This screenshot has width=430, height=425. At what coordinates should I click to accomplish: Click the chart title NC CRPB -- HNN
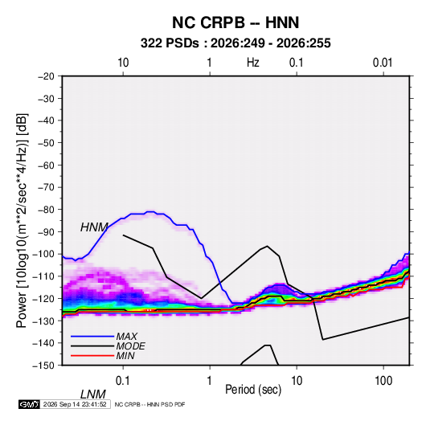(x=235, y=22)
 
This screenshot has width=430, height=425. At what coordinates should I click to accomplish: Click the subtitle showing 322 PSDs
(x=235, y=43)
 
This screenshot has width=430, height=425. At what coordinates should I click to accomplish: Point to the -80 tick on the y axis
(x=46, y=210)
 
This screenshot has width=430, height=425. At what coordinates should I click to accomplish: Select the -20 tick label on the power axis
(x=46, y=76)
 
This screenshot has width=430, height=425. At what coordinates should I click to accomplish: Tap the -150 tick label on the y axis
(x=43, y=366)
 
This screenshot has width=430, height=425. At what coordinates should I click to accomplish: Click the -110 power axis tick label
(x=43, y=276)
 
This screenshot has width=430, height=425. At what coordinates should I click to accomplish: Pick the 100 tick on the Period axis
(x=383, y=380)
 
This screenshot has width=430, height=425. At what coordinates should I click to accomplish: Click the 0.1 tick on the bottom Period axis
(x=122, y=380)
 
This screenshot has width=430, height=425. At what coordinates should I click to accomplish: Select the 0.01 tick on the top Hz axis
(x=383, y=63)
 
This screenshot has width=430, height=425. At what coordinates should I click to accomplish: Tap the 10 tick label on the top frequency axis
(x=123, y=63)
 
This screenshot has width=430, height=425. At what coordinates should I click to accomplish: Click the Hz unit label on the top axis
(x=253, y=63)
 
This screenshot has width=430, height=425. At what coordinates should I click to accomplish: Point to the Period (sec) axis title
(x=253, y=390)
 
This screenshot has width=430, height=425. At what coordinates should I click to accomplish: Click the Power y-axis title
(x=22, y=220)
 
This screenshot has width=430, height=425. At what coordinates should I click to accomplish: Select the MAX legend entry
(x=104, y=337)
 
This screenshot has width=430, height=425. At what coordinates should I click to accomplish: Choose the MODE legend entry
(x=108, y=346)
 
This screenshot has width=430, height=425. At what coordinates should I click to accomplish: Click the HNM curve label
(x=94, y=227)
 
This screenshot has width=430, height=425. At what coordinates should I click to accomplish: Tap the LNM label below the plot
(x=93, y=394)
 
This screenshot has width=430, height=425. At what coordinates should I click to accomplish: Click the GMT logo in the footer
(x=29, y=404)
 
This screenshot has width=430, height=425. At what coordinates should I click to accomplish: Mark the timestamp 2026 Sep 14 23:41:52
(x=75, y=404)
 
